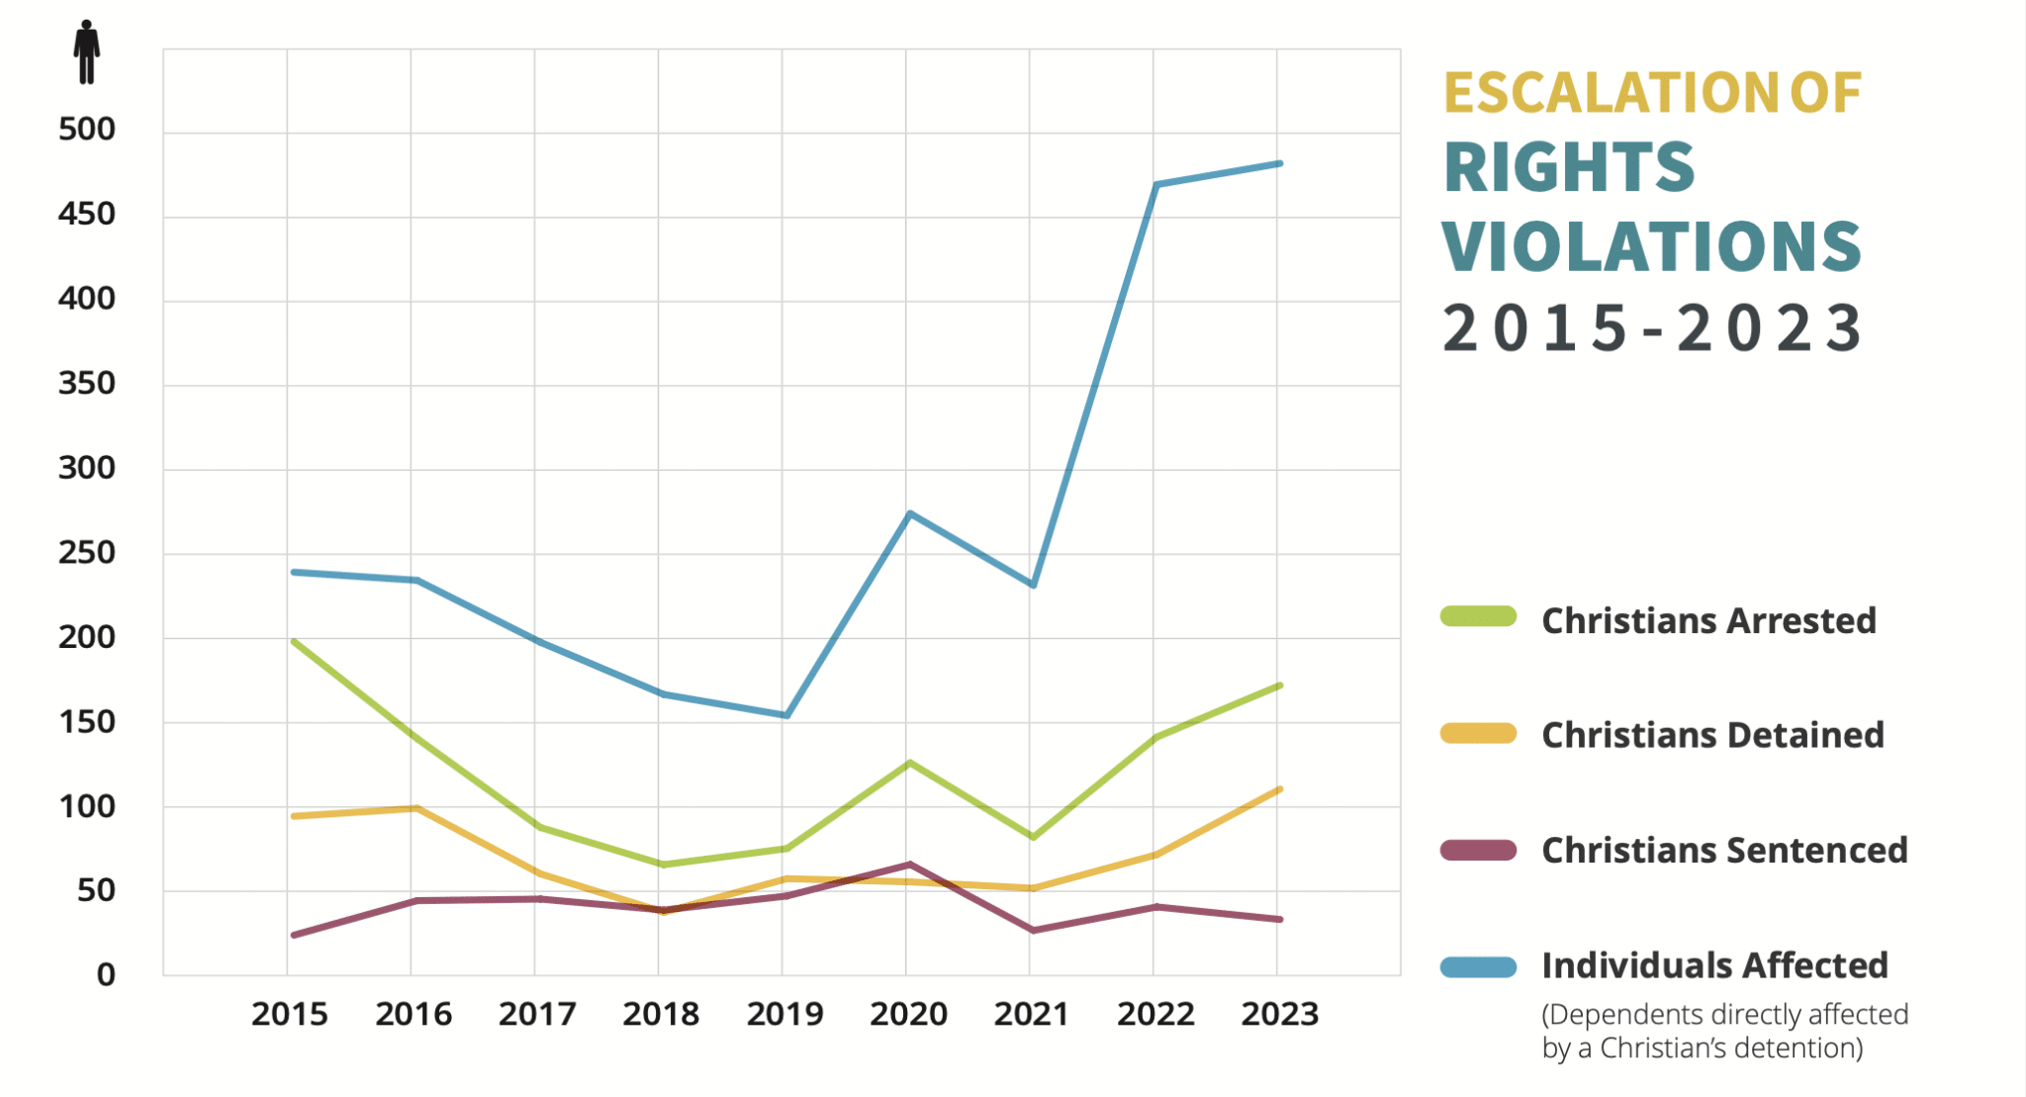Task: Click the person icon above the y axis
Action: coord(87,51)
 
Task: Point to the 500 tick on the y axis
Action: coord(87,130)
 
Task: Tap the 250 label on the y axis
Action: coord(87,553)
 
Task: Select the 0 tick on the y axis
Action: coord(106,975)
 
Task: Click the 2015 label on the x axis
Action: coord(289,1014)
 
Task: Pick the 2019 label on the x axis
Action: coord(784,1014)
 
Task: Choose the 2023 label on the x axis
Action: coord(1280,1014)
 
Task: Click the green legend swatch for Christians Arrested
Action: coord(1478,617)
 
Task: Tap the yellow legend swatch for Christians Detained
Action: coord(1478,733)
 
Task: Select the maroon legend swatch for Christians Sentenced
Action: coord(1478,850)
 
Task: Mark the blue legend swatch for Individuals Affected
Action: coord(1478,966)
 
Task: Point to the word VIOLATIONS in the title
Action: coord(1651,246)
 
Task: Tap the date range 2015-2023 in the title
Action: coord(1651,328)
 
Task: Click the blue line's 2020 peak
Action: coord(909,513)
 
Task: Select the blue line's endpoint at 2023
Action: coord(1280,163)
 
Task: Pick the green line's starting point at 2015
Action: coord(294,641)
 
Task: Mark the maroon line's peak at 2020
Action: coord(909,865)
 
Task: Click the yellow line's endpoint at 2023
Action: coord(1280,789)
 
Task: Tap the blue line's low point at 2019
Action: coord(785,715)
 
